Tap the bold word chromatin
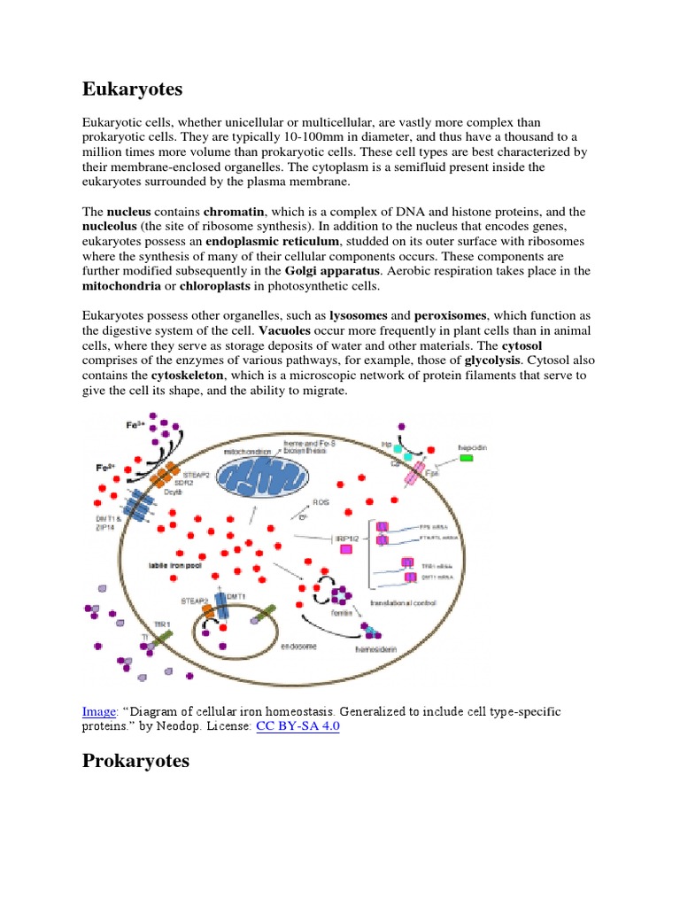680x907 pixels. tap(235, 213)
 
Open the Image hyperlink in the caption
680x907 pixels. tap(98, 711)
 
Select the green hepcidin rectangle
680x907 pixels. tap(466, 459)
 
